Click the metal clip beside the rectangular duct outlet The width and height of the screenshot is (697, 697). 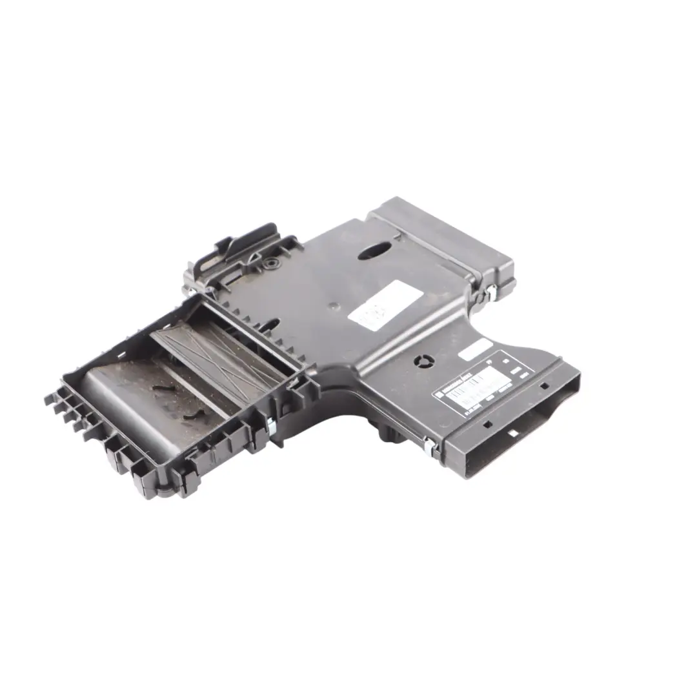(429, 444)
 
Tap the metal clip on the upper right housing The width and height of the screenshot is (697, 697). (490, 294)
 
